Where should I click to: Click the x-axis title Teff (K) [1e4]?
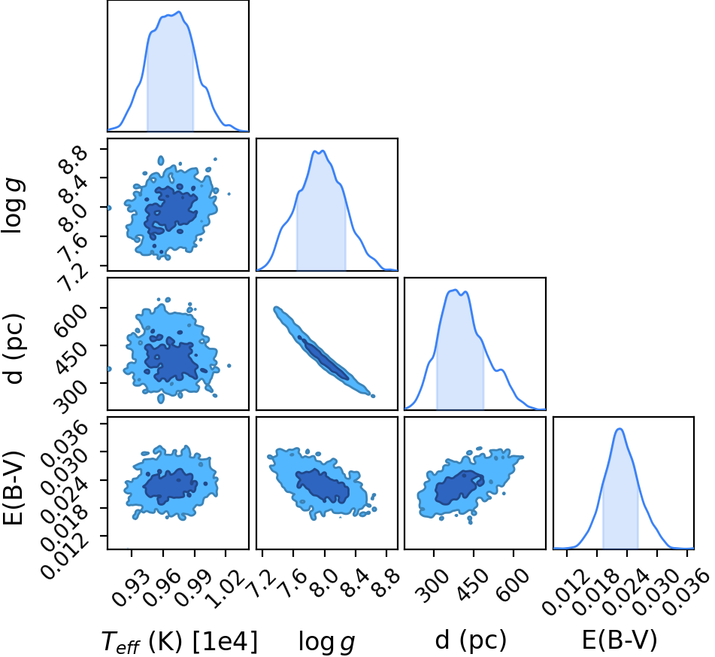[179, 640]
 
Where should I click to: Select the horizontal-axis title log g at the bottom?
[326, 641]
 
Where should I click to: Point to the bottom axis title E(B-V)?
[620, 640]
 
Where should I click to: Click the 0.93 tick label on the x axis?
[131, 587]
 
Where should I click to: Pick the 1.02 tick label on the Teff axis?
[225, 588]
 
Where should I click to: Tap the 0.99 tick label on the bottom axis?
[194, 587]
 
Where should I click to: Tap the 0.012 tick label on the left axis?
[65, 555]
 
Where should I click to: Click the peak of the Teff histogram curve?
[179, 12]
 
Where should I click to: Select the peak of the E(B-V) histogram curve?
[620, 429]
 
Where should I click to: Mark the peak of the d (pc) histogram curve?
[455, 290]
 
